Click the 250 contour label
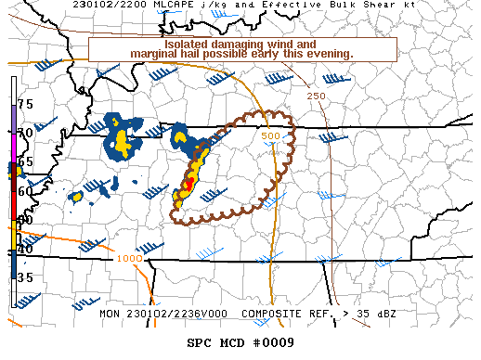(x=315, y=96)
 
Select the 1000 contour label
(x=130, y=258)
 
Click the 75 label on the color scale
(x=25, y=104)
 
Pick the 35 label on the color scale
(x=25, y=277)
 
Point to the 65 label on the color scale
(x=25, y=161)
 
